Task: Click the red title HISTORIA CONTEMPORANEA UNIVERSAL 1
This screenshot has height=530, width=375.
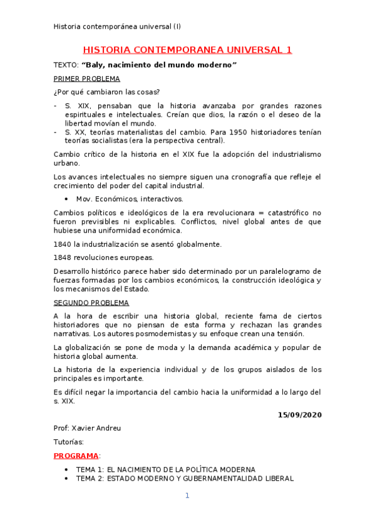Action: tap(187, 50)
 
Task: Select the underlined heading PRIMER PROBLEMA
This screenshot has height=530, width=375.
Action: tap(87, 79)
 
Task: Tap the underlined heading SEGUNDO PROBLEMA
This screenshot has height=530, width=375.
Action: tap(91, 302)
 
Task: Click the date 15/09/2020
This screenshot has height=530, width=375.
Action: tap(299, 414)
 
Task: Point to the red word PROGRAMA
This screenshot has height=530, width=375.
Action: tap(76, 456)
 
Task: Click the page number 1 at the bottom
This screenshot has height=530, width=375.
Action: tap(187, 496)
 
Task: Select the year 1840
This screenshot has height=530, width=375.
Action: tap(64, 244)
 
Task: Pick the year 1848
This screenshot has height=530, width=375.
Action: tap(64, 257)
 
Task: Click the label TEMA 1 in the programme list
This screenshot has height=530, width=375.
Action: tap(90, 469)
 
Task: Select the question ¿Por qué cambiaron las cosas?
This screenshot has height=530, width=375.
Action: tap(106, 92)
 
